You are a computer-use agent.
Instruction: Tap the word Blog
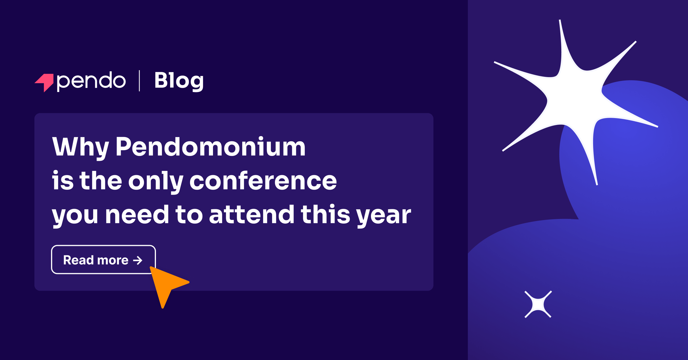point(179,81)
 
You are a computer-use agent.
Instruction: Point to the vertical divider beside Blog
point(139,81)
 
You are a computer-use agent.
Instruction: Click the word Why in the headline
point(80,147)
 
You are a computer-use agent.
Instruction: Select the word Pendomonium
point(210,147)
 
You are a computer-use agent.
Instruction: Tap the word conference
point(263,181)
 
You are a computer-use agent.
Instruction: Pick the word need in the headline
point(137,215)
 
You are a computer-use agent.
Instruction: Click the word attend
point(252,215)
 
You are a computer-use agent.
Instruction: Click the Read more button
point(103,260)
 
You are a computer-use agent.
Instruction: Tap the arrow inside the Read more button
point(138,260)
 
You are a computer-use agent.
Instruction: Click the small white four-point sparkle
point(538,304)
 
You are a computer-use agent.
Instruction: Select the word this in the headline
point(325,215)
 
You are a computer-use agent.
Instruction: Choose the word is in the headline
point(62,181)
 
